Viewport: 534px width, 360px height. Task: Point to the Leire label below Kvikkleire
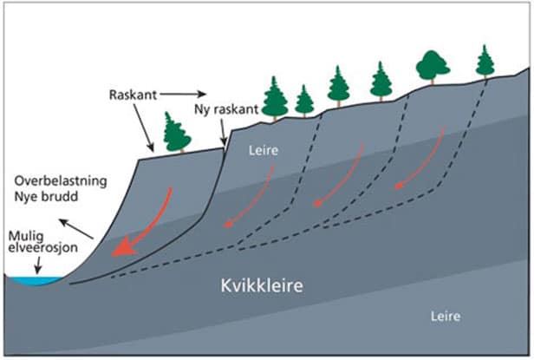click(x=446, y=316)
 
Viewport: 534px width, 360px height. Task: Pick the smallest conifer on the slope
click(x=304, y=101)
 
